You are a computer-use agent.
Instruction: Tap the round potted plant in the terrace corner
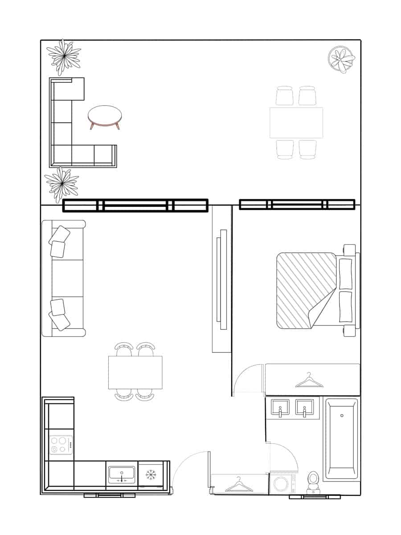pyautogui.click(x=341, y=59)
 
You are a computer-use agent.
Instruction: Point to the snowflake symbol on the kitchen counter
pyautogui.click(x=151, y=474)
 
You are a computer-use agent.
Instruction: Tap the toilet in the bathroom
pyautogui.click(x=314, y=481)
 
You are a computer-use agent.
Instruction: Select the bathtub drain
pyautogui.click(x=342, y=416)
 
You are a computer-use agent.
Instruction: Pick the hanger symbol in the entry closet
pyautogui.click(x=239, y=485)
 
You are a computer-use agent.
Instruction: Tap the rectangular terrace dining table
pyautogui.click(x=296, y=123)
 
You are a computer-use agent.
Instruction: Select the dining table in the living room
pyautogui.click(x=135, y=372)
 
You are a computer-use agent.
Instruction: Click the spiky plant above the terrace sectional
pyautogui.click(x=65, y=56)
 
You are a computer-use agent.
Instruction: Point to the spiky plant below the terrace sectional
pyautogui.click(x=61, y=184)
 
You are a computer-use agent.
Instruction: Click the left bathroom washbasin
pyautogui.click(x=280, y=407)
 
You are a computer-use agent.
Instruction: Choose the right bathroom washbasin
pyautogui.click(x=304, y=407)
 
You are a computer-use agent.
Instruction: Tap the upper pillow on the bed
pyautogui.click(x=345, y=272)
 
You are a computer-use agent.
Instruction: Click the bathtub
pyautogui.click(x=341, y=439)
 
